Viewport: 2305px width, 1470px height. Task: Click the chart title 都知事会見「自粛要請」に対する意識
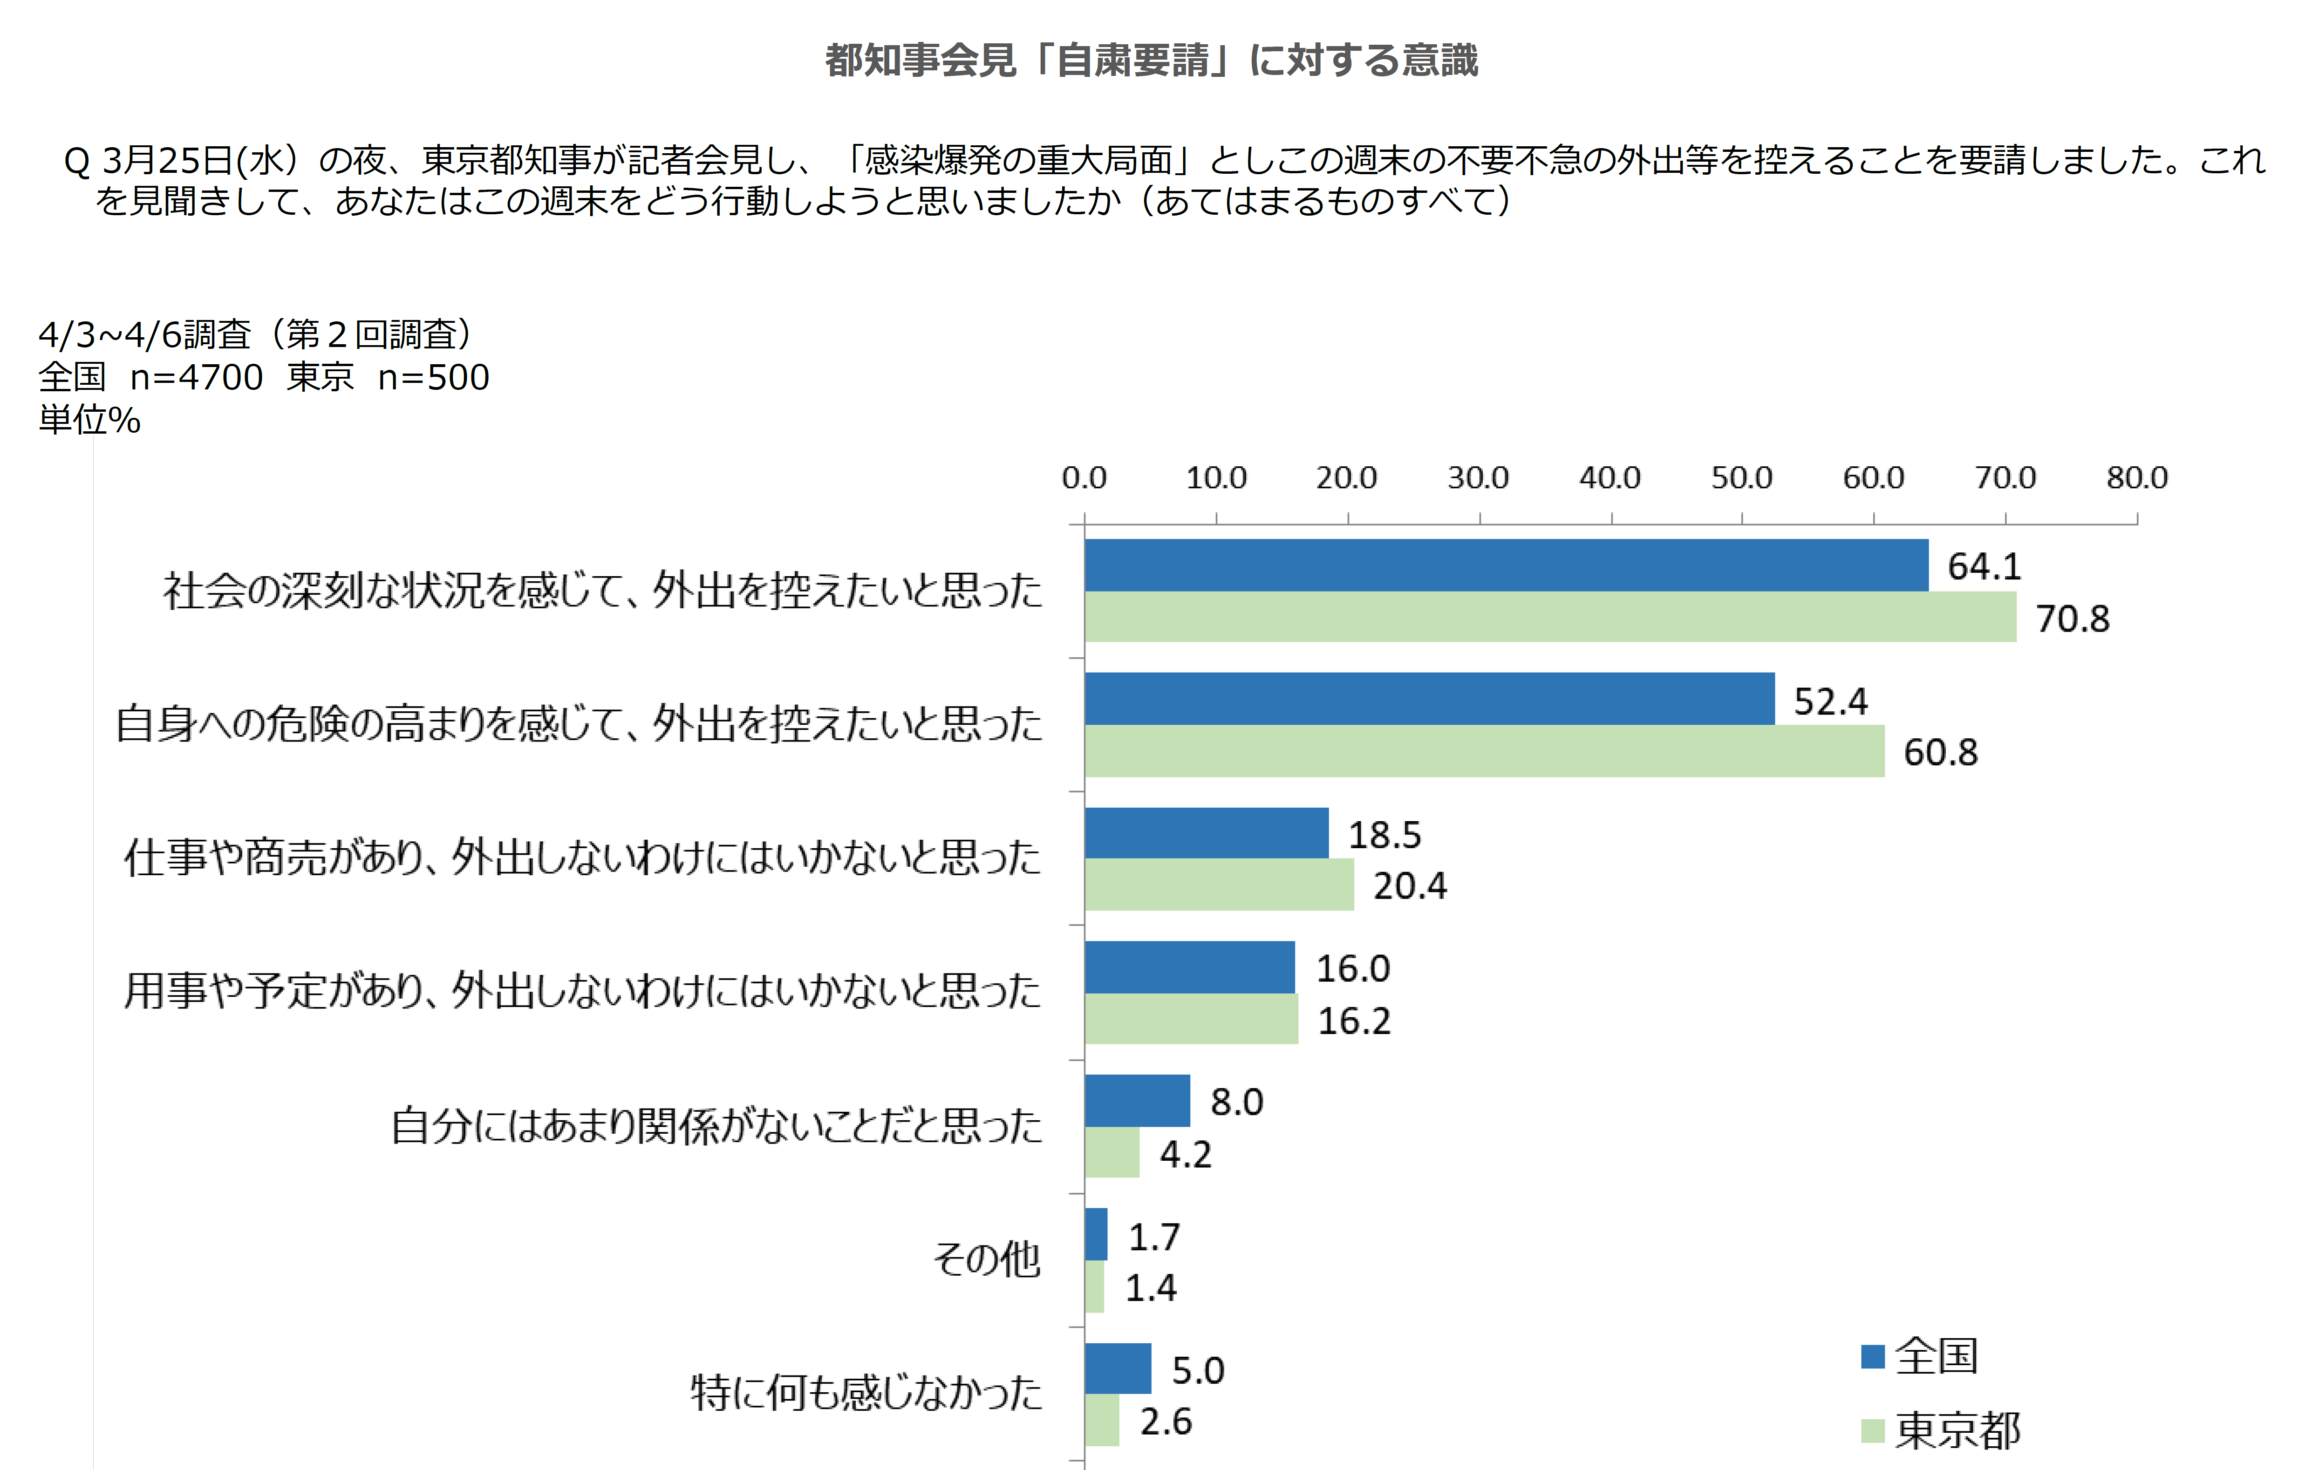coord(1152,60)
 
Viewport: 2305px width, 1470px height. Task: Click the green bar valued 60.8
coord(1484,751)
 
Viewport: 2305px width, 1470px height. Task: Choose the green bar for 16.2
coord(1191,1019)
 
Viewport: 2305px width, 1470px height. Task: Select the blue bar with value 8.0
coord(1137,1101)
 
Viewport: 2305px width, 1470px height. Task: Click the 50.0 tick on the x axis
coord(1741,477)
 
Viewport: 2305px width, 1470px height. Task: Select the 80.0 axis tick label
coord(2136,477)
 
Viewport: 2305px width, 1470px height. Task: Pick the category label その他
coord(986,1259)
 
